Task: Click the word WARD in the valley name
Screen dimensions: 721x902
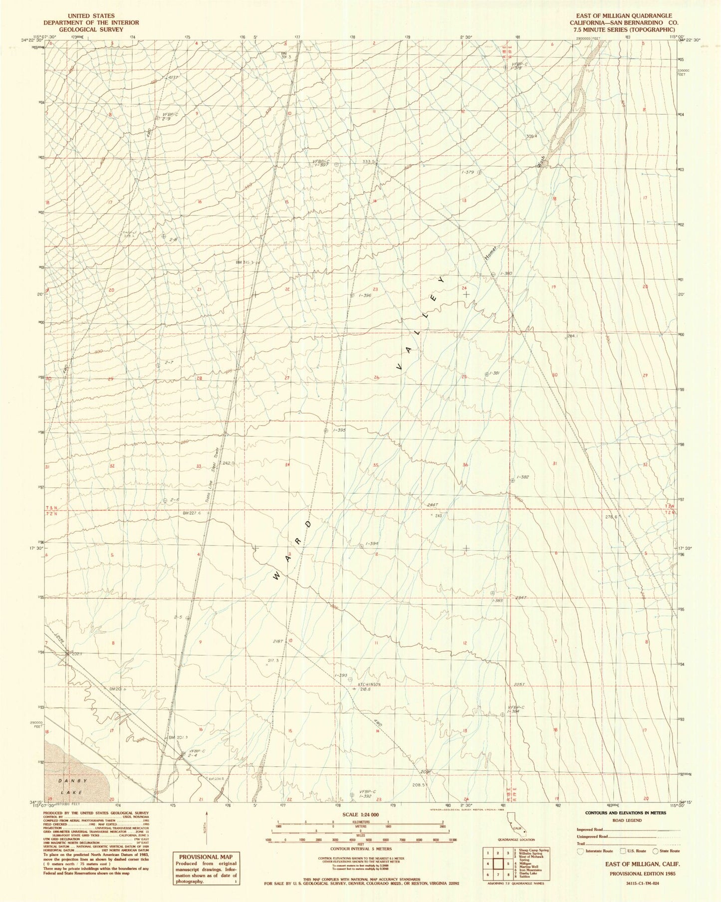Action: (294, 550)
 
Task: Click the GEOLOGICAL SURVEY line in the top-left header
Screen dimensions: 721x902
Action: (91, 29)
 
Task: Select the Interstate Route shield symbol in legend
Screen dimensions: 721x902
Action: (580, 851)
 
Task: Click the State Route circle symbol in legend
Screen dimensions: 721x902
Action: (655, 851)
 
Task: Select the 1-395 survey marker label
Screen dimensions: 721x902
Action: (339, 430)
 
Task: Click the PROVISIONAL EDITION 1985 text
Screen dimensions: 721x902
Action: (636, 874)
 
